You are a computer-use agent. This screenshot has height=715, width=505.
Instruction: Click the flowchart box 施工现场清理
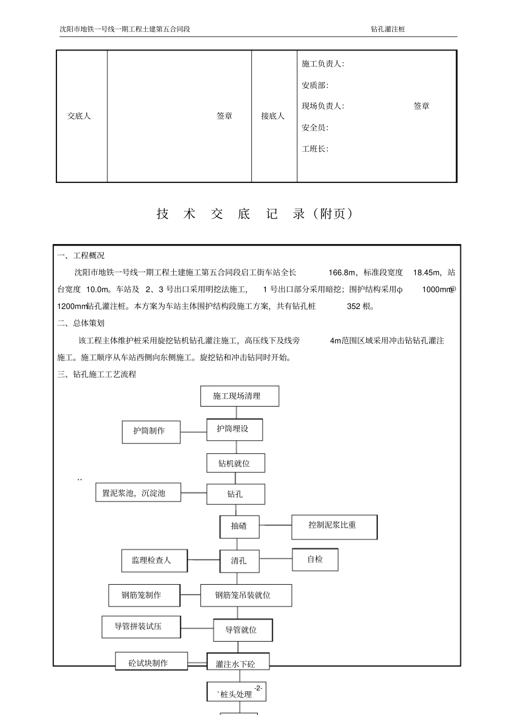tap(239, 397)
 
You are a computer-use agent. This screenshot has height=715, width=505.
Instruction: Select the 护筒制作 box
tap(149, 431)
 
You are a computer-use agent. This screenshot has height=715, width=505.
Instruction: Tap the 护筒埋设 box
tap(234, 430)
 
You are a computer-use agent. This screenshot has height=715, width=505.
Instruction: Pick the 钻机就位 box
tap(235, 464)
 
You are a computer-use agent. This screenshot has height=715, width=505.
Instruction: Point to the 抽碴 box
tap(240, 526)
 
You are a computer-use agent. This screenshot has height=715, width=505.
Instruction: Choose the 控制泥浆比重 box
tap(334, 526)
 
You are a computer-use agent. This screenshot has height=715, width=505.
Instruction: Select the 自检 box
tap(315, 560)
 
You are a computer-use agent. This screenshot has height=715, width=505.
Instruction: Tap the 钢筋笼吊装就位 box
tap(246, 595)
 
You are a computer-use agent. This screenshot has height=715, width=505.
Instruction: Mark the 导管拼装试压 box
tap(141, 627)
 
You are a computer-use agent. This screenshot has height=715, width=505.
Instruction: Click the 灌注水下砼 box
tap(238, 663)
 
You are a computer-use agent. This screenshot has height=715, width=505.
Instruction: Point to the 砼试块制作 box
tap(151, 662)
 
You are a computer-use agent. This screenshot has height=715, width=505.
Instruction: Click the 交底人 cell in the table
tap(79, 116)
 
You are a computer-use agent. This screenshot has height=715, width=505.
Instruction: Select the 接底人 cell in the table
tap(273, 116)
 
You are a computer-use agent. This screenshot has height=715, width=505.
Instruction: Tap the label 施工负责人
tap(323, 64)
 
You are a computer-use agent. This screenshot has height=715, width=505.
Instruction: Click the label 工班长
tap(315, 149)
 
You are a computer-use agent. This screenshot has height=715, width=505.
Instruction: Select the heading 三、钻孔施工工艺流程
tap(97, 375)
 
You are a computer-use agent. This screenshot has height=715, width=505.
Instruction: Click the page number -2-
tap(258, 688)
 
